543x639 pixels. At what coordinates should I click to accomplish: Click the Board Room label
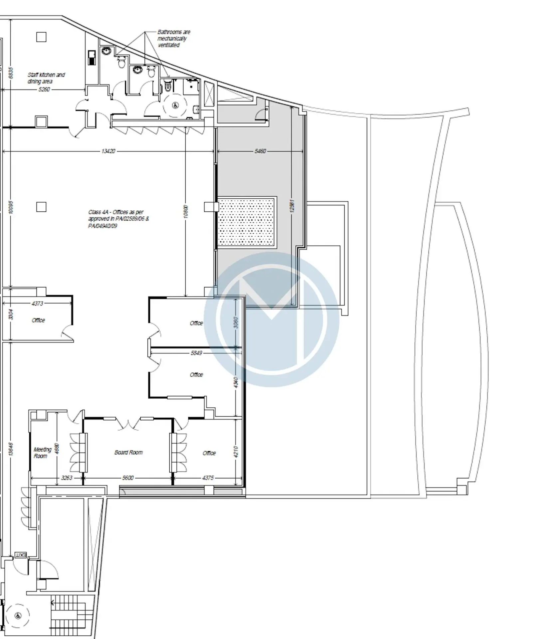(x=128, y=452)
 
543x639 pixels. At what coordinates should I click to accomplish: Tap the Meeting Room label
(x=42, y=453)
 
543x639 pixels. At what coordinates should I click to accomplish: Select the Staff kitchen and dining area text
(x=46, y=78)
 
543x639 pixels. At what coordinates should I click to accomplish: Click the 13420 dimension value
(x=108, y=151)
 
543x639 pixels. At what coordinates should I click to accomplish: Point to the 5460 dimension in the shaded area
(x=260, y=151)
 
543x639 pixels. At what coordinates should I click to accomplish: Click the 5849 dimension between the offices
(x=196, y=353)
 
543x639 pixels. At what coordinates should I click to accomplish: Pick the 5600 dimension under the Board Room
(x=128, y=478)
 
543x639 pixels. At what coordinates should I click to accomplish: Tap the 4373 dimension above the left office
(x=37, y=304)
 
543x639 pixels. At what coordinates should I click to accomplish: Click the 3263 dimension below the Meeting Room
(x=67, y=478)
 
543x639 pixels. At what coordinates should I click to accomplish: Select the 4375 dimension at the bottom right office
(x=208, y=478)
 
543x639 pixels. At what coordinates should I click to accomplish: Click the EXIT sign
(x=21, y=555)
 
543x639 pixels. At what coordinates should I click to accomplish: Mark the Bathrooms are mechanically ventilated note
(x=173, y=39)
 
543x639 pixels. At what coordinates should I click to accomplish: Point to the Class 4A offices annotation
(x=118, y=219)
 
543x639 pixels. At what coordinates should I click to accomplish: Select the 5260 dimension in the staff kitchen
(x=44, y=89)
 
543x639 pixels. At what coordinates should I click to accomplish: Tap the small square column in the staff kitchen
(x=41, y=37)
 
